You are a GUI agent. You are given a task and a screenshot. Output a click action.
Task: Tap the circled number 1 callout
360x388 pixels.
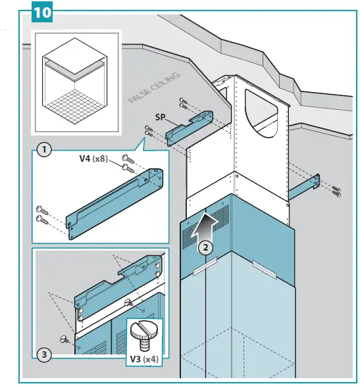tap(44, 150)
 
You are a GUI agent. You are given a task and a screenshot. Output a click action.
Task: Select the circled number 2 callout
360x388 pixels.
tap(205, 247)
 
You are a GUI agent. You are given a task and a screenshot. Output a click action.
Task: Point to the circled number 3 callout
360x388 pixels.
tap(44, 355)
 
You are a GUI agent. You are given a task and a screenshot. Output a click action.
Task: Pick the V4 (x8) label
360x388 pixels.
tap(91, 158)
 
